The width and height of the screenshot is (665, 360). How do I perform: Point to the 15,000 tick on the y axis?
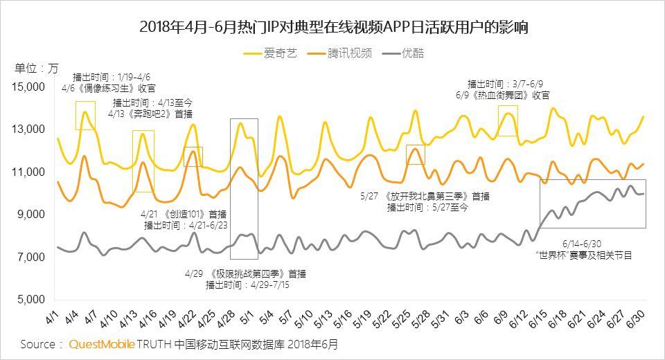tap(28, 87)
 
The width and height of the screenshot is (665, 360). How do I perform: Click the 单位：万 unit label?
tap(37, 68)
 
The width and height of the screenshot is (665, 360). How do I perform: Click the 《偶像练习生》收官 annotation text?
tap(109, 88)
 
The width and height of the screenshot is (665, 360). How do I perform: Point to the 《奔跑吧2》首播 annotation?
tap(150, 114)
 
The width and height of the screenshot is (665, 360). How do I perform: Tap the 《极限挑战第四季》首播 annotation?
tap(245, 273)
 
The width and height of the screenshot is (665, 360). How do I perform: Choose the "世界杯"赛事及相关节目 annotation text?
tap(584, 255)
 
